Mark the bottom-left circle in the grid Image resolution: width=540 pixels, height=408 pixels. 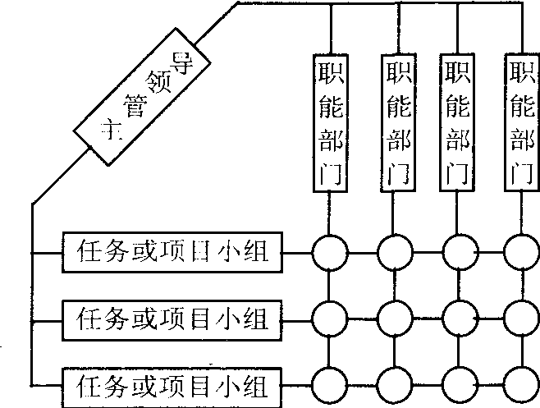click(329, 383)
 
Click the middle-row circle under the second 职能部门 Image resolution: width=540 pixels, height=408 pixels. click(395, 315)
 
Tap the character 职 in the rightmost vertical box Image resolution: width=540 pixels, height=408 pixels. click(519, 70)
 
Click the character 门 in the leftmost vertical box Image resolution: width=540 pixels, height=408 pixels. click(329, 174)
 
